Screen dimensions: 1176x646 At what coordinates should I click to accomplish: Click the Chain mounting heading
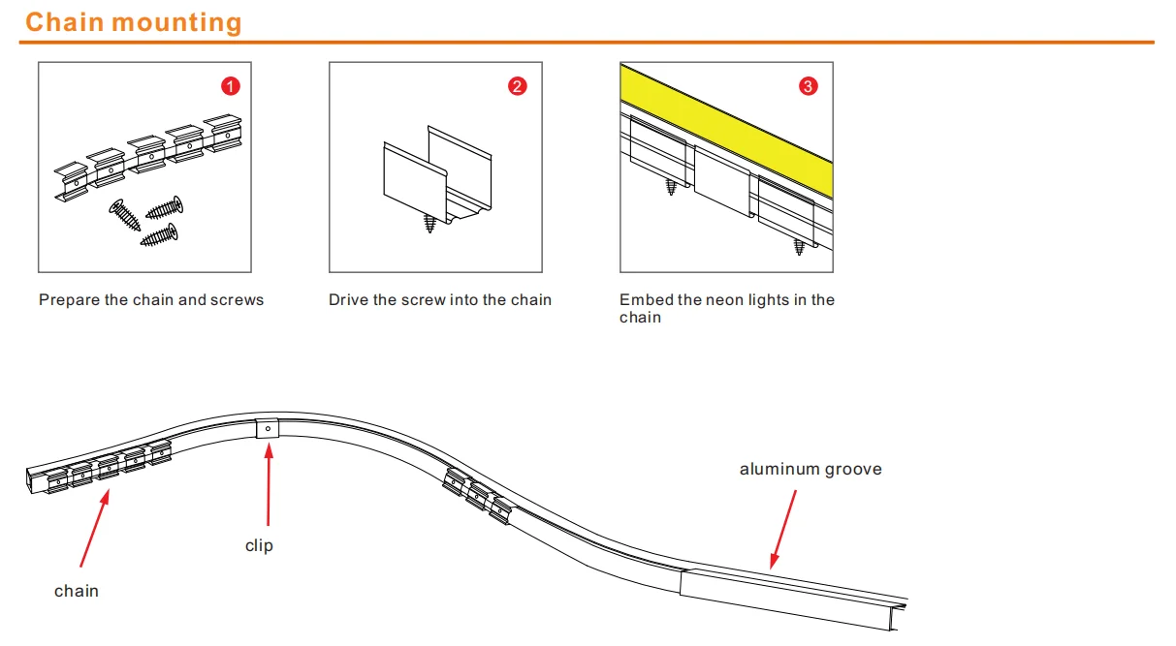pyautogui.click(x=134, y=22)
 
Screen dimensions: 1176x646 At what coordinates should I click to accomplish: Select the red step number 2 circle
pyautogui.click(x=518, y=86)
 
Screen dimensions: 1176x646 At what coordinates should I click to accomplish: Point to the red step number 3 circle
pyautogui.click(x=809, y=86)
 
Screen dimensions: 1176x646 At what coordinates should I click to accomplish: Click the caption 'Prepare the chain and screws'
pyautogui.click(x=151, y=300)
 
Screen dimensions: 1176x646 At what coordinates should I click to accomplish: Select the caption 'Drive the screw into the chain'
pyautogui.click(x=440, y=300)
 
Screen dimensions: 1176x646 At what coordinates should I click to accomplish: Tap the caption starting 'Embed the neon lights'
pyautogui.click(x=726, y=308)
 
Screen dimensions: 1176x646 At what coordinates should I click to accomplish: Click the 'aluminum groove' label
pyautogui.click(x=810, y=470)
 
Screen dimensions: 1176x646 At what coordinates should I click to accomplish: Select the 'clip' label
pyautogui.click(x=259, y=546)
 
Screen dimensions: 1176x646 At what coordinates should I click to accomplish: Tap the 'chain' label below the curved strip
pyautogui.click(x=77, y=591)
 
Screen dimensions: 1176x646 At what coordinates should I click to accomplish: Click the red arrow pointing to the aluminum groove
pyautogui.click(x=782, y=528)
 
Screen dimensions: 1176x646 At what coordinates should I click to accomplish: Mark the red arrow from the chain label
pyautogui.click(x=94, y=528)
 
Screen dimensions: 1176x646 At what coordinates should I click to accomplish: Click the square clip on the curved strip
pyautogui.click(x=269, y=428)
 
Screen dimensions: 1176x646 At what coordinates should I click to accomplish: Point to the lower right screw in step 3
pyautogui.click(x=800, y=247)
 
